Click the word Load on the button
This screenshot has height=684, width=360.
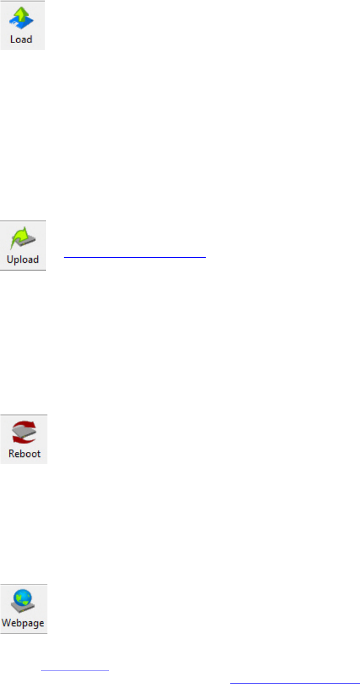[21, 40]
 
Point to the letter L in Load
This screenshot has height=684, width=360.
[13, 40]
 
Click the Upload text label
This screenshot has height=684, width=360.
[22, 260]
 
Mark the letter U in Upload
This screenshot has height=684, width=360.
[10, 260]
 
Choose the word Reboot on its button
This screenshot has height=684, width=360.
[24, 454]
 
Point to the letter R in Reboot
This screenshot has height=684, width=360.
[11, 454]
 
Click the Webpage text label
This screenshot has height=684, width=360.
[23, 623]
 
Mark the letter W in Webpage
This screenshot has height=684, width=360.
[7, 623]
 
